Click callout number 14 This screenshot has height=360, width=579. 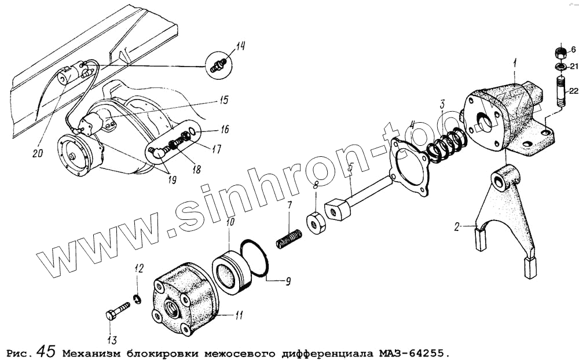click(240, 46)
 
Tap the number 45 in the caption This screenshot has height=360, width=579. click(47, 351)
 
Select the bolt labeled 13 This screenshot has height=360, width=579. click(118, 310)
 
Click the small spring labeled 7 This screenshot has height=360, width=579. click(289, 238)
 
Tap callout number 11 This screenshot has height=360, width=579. click(238, 315)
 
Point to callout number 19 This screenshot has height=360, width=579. click(172, 180)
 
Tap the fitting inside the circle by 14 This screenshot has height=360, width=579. click(219, 65)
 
